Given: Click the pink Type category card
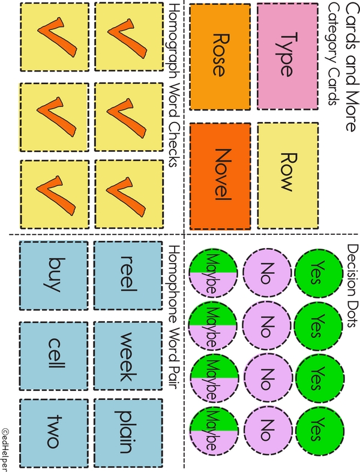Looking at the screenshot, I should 287,56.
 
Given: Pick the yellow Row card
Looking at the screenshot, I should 287,171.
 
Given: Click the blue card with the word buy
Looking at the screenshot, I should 55,274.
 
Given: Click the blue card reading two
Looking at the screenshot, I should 55,431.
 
